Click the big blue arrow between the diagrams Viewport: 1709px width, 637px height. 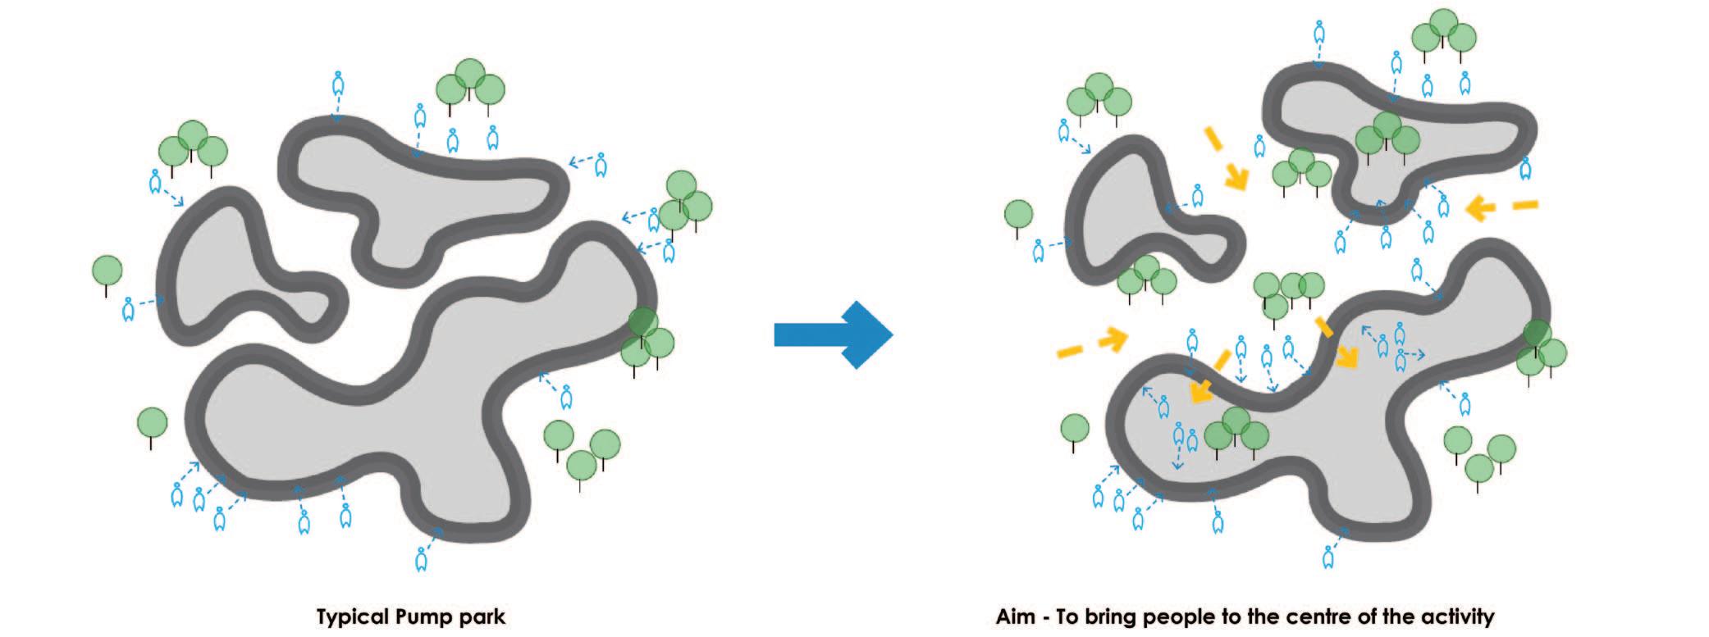coord(833,334)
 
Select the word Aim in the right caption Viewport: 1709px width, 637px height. coord(1016,617)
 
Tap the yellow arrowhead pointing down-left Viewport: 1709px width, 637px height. coord(1201,391)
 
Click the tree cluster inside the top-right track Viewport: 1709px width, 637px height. coord(1387,136)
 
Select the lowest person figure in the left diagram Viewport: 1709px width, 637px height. coord(422,558)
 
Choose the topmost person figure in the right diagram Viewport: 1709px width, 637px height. coord(1318,34)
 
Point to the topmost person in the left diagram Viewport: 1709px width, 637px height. coord(337,84)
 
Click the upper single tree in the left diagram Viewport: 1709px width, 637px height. coord(107,270)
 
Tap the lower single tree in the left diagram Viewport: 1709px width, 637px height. coord(152,424)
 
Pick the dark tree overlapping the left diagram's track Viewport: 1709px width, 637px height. coord(643,321)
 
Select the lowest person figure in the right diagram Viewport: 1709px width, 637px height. coord(1328,558)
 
